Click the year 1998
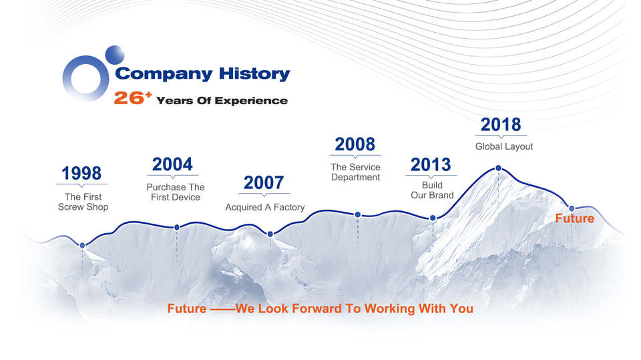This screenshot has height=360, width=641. click(x=81, y=174)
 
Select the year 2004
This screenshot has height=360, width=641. click(x=172, y=164)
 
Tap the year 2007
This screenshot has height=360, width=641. click(x=264, y=183)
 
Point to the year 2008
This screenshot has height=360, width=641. click(x=355, y=144)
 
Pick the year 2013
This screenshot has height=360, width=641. click(x=431, y=165)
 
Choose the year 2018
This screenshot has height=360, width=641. click(x=501, y=125)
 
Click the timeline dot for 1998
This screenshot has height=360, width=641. click(x=83, y=246)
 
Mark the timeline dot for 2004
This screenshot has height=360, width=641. click(x=177, y=228)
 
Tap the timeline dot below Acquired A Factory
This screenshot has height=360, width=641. click(x=270, y=234)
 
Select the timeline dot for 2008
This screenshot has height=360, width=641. click(x=358, y=215)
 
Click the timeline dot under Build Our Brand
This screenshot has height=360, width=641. click(x=433, y=218)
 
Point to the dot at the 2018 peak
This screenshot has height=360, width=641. click(x=498, y=168)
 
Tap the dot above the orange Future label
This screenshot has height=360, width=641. click(x=572, y=208)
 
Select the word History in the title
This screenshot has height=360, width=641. click(x=254, y=73)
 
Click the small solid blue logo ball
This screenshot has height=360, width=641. click(x=115, y=55)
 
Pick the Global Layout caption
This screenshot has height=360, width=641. click(x=504, y=146)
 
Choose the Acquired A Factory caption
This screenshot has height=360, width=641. click(x=265, y=208)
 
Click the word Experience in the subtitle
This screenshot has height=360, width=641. click(x=251, y=101)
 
